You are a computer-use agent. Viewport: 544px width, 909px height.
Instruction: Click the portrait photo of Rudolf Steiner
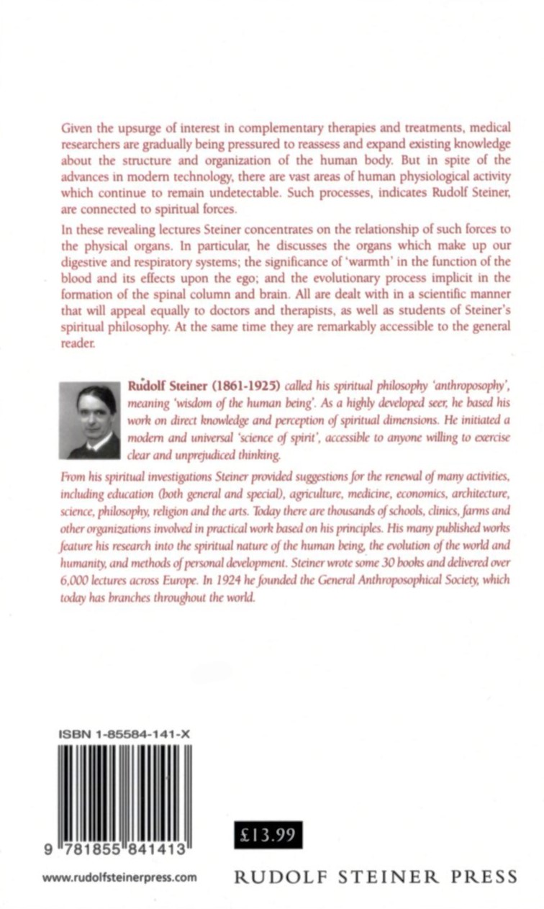[x=90, y=421]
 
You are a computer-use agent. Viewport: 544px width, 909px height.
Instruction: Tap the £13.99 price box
[x=268, y=836]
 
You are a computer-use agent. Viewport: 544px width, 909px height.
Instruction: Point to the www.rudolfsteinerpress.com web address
[x=119, y=877]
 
